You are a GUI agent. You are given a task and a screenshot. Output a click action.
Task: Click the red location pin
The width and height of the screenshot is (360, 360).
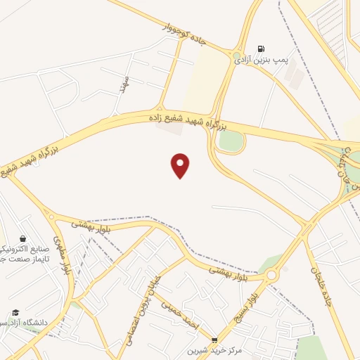(181, 165)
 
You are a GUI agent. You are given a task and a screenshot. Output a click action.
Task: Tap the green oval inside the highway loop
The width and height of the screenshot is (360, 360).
(231, 140)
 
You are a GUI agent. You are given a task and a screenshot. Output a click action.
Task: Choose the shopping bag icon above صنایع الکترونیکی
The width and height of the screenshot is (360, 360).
(24, 238)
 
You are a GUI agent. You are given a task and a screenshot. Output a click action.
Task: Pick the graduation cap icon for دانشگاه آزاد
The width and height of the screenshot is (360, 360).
(15, 313)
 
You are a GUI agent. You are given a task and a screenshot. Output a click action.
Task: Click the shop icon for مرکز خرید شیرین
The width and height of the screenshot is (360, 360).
(214, 340)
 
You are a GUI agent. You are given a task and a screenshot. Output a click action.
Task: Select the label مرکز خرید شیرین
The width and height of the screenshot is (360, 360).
(214, 350)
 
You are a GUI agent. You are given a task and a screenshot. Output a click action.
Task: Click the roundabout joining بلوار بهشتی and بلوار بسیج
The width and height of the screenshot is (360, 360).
(271, 275)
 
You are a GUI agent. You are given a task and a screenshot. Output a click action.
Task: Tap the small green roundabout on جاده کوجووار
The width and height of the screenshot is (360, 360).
(237, 54)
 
